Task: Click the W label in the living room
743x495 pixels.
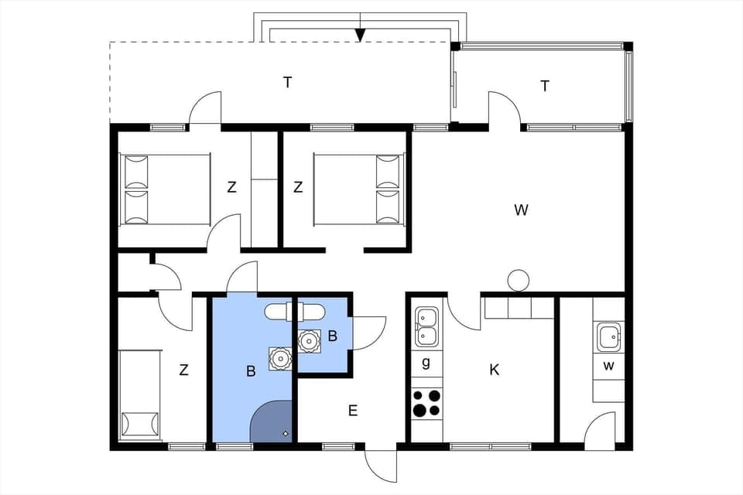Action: coord(521,210)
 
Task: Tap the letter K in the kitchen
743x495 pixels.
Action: coord(494,370)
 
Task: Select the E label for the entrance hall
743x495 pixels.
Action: coord(352,411)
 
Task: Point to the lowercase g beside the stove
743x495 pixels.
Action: coord(425,363)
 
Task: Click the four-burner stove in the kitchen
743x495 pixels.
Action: coord(426,403)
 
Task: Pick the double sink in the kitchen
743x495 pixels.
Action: coord(426,326)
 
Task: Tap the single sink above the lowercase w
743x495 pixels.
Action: coord(608,337)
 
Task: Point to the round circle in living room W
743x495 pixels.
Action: coord(518,280)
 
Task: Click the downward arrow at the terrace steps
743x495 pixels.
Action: coord(360,33)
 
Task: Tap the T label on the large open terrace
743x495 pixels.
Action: coord(287,83)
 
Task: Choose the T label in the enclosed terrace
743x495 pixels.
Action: coord(545,86)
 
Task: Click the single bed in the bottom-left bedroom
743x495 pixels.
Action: coord(139,394)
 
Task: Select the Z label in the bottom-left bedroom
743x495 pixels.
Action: coord(183,370)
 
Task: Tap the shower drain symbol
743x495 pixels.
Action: coord(286,433)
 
